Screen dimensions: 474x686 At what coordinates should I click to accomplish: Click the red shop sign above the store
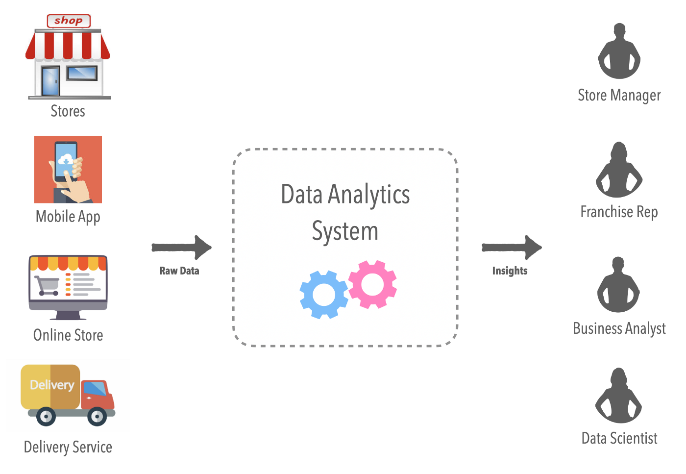tap(69, 21)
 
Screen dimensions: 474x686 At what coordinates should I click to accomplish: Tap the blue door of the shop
tap(50, 80)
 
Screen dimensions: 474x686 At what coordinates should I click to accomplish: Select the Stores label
tap(68, 111)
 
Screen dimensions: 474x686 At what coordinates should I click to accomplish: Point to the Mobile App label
tap(68, 217)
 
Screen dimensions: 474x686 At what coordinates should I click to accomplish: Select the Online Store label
tap(68, 335)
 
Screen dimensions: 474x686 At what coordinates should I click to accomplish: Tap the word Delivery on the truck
tap(52, 385)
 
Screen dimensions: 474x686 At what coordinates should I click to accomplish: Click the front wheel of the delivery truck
tap(97, 417)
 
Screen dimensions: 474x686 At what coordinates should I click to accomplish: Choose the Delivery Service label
tap(68, 447)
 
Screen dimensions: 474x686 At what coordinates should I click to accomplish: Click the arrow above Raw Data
tap(182, 247)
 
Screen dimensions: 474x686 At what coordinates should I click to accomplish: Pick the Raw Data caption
tap(179, 271)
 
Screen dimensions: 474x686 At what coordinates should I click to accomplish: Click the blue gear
tap(323, 294)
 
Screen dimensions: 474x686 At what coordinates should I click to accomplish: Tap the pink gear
tap(373, 284)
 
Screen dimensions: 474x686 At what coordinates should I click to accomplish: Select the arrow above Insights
tap(512, 247)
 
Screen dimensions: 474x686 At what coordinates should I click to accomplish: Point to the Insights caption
tap(510, 271)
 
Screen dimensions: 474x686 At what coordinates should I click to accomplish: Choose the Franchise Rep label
tap(619, 212)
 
